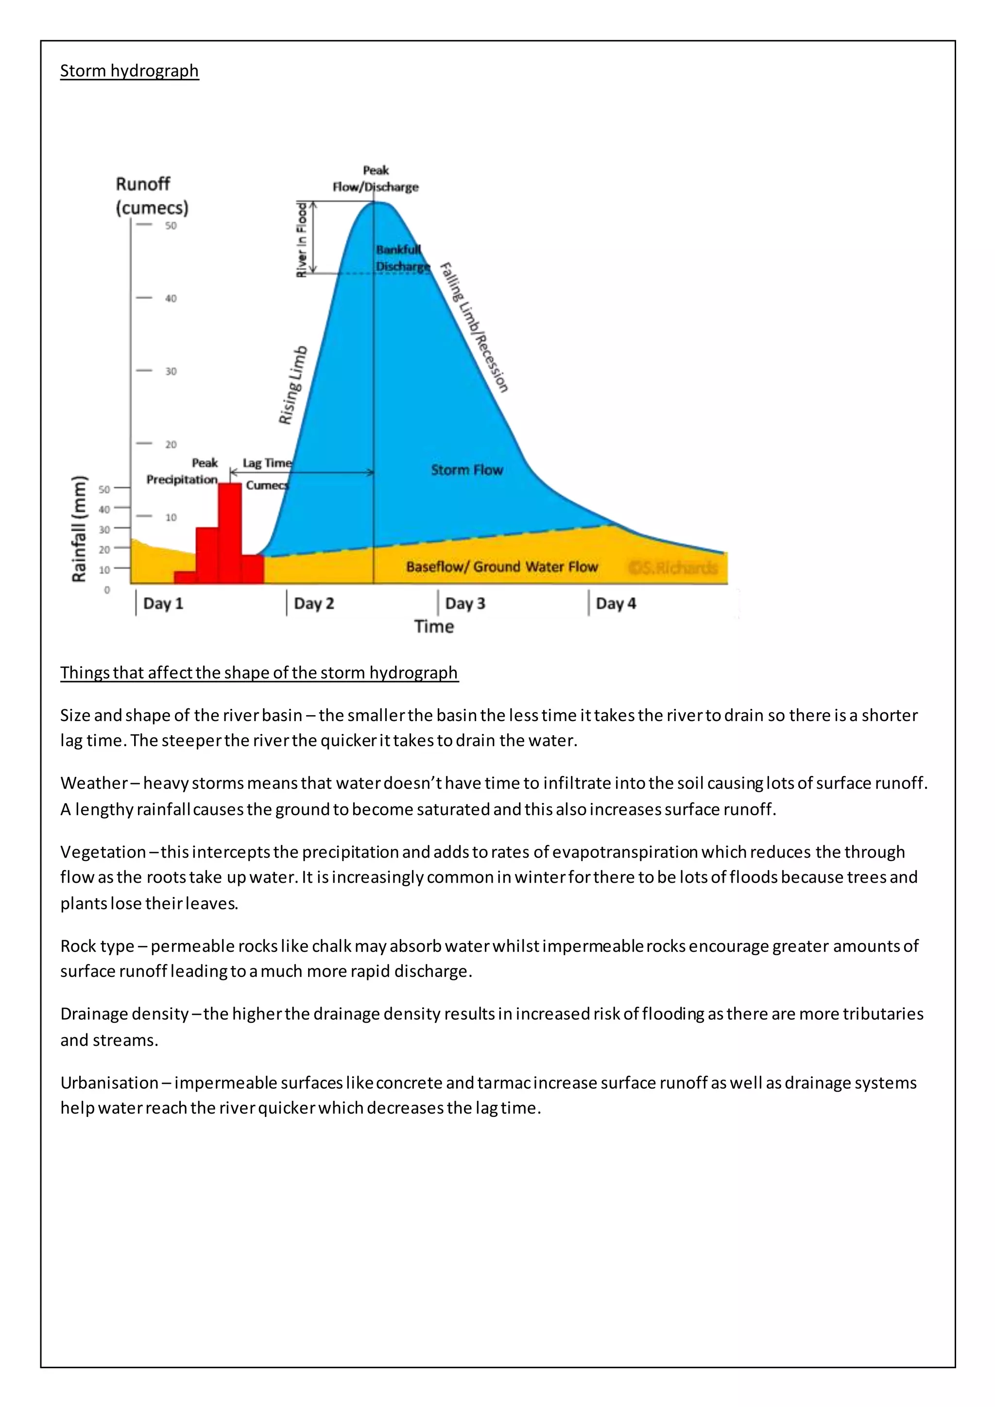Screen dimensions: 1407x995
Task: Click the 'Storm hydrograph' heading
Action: pos(129,71)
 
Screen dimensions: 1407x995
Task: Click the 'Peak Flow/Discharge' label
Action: pos(376,178)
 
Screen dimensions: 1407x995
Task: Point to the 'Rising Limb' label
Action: pos(293,385)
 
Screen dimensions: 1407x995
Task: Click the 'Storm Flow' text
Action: pos(466,470)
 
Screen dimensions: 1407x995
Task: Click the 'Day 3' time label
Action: pos(464,603)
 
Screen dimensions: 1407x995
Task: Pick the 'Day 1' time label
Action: pos(163,603)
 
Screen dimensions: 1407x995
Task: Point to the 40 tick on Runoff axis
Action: pos(171,298)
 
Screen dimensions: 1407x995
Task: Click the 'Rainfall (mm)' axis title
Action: pos(79,529)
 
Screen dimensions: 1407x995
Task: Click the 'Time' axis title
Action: pos(433,626)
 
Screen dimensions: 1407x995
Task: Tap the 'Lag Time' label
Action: pos(267,463)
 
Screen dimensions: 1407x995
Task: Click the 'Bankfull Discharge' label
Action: pos(401,258)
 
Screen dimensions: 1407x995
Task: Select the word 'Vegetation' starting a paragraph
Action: pos(103,852)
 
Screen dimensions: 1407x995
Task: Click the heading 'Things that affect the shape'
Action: pos(258,672)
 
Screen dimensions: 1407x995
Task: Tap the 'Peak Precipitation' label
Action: pos(183,471)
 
